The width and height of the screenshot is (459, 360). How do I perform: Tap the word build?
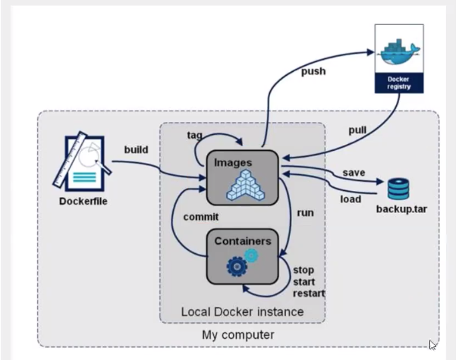click(137, 149)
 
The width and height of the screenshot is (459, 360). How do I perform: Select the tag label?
click(195, 135)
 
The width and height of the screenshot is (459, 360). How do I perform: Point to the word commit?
click(201, 217)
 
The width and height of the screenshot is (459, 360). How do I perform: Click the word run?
click(307, 212)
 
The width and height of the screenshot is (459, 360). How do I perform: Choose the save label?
click(354, 174)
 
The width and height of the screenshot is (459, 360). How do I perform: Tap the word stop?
click(303, 271)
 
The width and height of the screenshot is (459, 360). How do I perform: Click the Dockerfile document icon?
click(82, 161)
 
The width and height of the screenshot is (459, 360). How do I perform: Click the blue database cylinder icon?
click(398, 189)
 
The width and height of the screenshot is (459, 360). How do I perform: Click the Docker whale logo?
click(398, 53)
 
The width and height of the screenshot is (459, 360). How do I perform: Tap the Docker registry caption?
click(398, 83)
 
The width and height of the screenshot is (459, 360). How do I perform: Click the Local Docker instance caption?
click(243, 311)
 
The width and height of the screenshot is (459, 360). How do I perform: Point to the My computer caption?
click(238, 334)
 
